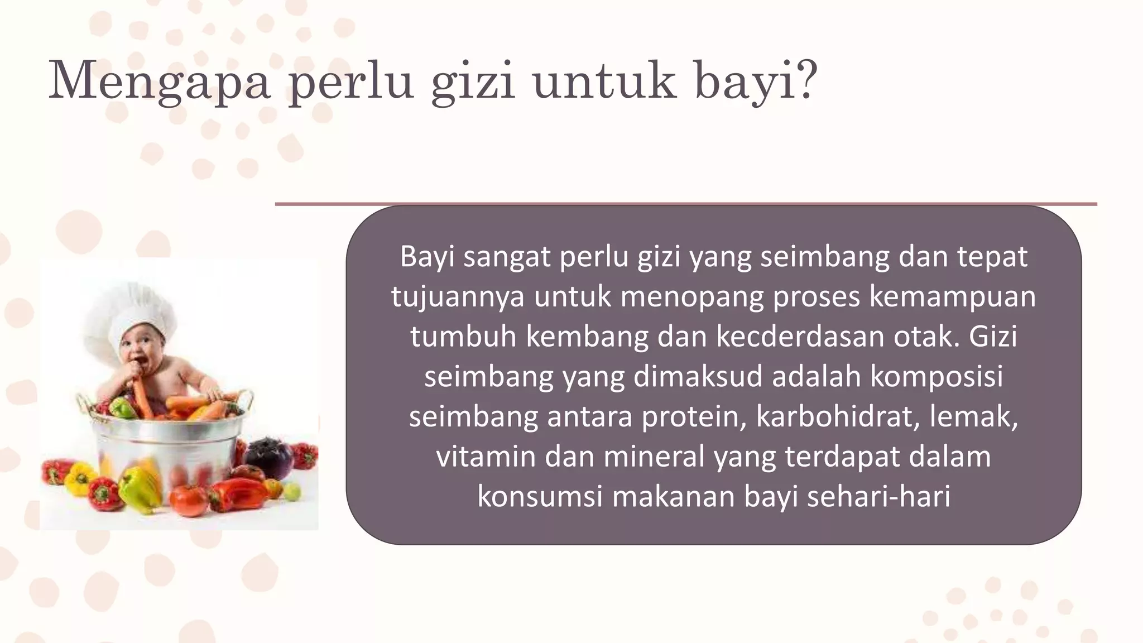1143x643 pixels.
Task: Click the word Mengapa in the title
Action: (159, 81)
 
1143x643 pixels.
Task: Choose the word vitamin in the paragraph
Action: (485, 457)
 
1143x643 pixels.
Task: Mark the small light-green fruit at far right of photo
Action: (292, 491)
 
